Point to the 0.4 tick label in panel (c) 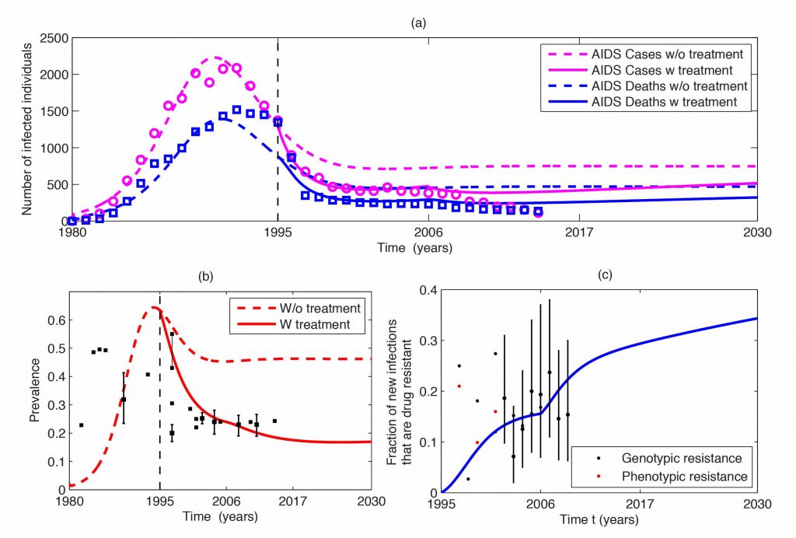(x=428, y=290)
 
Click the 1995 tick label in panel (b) (x=160, y=501)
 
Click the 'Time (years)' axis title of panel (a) (x=413, y=247)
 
